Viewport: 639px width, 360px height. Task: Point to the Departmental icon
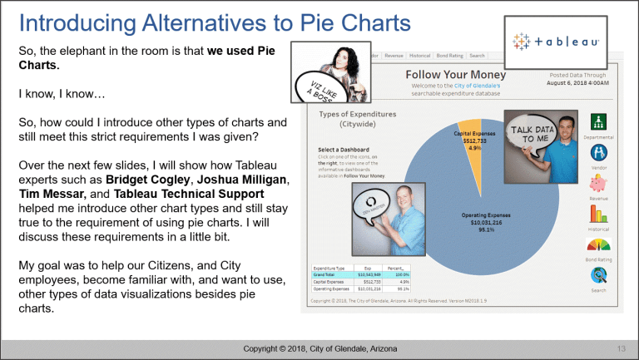[599, 121]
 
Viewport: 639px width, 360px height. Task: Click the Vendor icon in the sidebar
[599, 153]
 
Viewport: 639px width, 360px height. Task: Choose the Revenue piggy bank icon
[599, 184]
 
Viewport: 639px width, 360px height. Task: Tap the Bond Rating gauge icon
[599, 245]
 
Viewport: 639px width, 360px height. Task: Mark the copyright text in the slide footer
[319, 346]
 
